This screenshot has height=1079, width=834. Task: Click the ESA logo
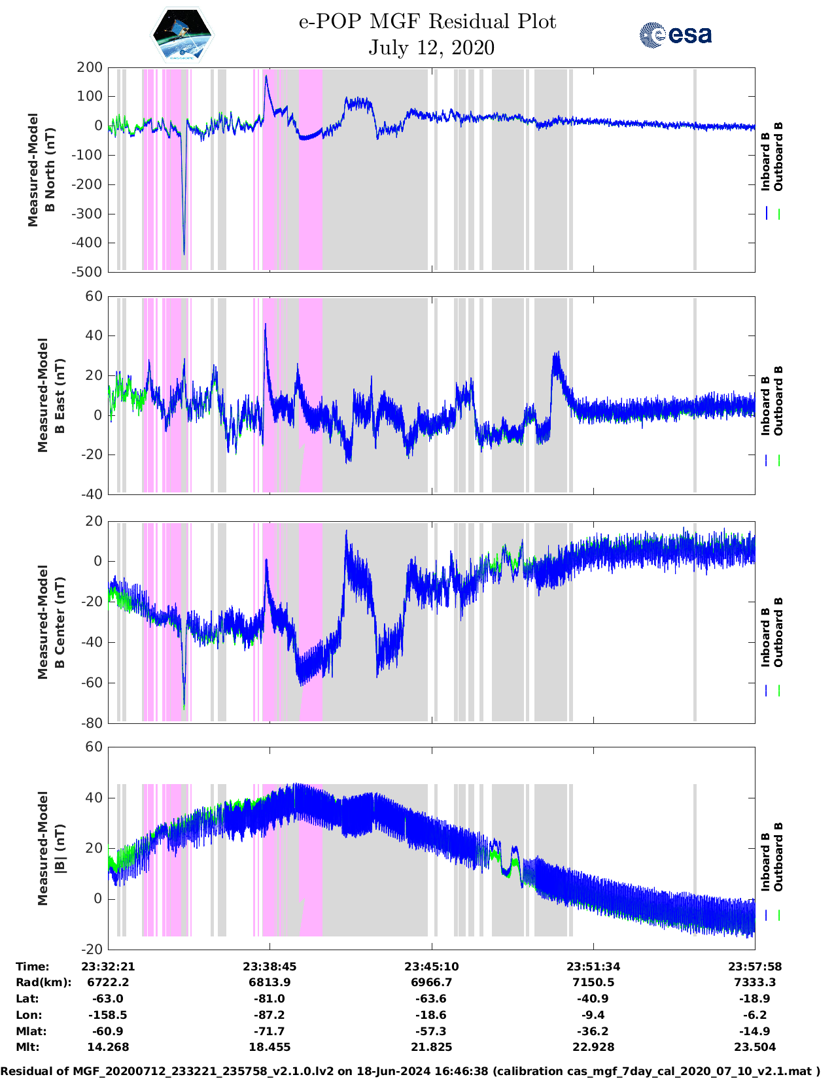click(x=675, y=35)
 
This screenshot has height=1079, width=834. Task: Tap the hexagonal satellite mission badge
click(x=182, y=36)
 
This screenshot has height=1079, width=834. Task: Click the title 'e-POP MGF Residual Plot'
click(x=427, y=22)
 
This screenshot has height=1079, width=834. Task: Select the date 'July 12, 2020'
click(x=431, y=48)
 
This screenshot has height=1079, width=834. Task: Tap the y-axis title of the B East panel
click(x=51, y=395)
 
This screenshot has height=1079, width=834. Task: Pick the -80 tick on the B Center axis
click(x=92, y=723)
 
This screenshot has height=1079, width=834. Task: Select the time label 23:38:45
click(x=269, y=967)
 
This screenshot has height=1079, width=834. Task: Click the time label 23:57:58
click(x=755, y=967)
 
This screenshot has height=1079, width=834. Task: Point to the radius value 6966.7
click(x=431, y=982)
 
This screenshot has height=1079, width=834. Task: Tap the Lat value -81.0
click(x=269, y=999)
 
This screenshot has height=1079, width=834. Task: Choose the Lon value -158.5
click(x=108, y=1015)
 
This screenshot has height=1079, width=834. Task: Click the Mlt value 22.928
click(x=593, y=1047)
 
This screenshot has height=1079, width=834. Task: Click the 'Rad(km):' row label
click(x=43, y=982)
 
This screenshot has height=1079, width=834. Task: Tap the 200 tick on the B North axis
click(x=90, y=67)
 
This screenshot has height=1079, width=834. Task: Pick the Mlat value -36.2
click(x=593, y=1031)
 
